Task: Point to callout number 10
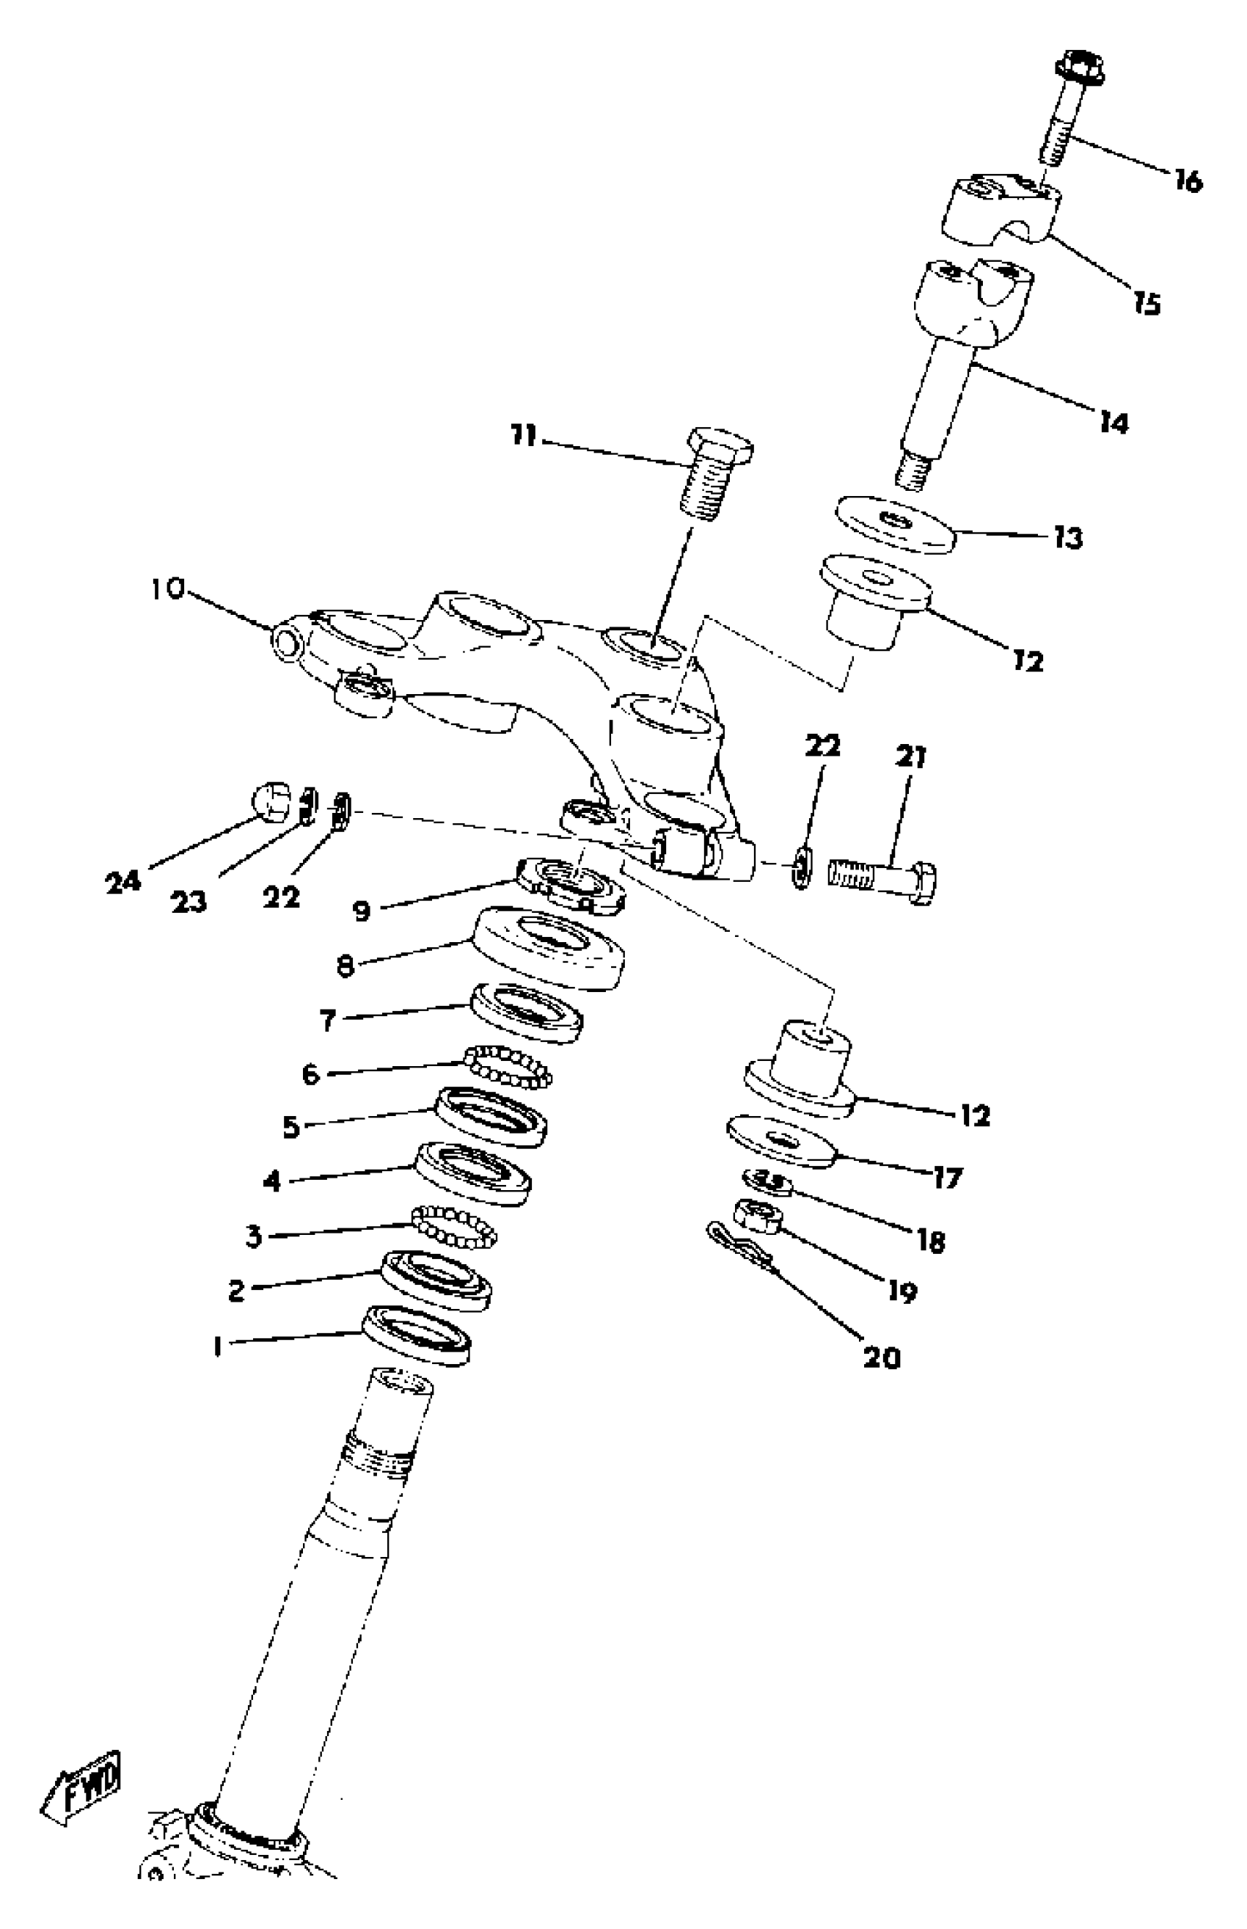168,588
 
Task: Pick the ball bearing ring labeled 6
508,1065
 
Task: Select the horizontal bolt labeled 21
882,878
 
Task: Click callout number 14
1114,422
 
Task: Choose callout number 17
946,1177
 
